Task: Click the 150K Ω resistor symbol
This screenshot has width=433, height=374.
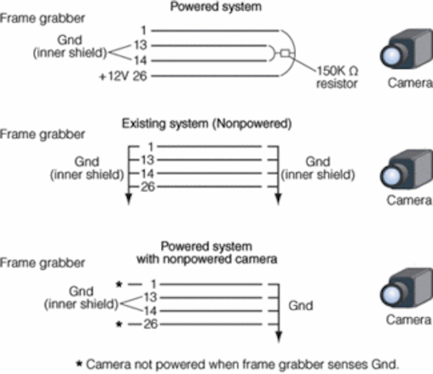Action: point(284,53)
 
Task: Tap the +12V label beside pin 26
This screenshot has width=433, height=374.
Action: point(114,76)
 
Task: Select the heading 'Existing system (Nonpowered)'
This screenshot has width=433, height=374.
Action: point(207,124)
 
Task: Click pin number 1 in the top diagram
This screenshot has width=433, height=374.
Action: point(144,31)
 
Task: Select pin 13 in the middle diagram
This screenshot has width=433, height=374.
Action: point(147,160)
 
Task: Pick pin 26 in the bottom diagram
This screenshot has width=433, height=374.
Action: point(150,324)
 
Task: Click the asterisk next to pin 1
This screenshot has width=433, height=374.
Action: point(119,284)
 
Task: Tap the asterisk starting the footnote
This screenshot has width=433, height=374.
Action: point(79,364)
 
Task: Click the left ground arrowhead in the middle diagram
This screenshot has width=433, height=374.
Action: point(129,199)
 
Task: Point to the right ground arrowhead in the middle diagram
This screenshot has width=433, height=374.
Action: point(278,199)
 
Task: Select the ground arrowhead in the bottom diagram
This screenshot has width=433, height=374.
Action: point(279,337)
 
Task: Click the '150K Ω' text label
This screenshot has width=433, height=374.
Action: point(337,71)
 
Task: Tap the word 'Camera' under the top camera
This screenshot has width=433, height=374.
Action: point(410,83)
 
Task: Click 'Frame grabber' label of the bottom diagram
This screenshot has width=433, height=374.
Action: point(42,263)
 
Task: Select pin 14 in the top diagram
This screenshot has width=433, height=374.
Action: point(140,61)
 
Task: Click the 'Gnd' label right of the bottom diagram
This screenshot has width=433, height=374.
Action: point(301,306)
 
